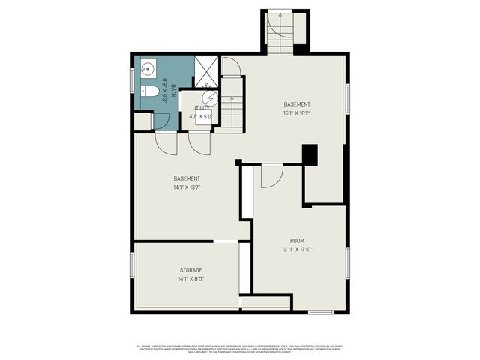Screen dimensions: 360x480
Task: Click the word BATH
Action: [x=172, y=91]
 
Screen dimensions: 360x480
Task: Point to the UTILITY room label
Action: [x=201, y=108]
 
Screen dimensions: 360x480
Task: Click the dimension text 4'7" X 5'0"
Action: [x=201, y=116]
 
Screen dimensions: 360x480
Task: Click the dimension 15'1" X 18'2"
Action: [x=297, y=113]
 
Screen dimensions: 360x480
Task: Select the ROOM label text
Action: [x=297, y=241]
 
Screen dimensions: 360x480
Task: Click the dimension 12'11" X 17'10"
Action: [x=297, y=249]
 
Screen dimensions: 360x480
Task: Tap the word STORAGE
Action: [x=190, y=269]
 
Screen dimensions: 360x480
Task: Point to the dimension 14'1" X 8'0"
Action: [x=190, y=278]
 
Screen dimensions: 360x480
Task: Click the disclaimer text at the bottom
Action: [x=239, y=348]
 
